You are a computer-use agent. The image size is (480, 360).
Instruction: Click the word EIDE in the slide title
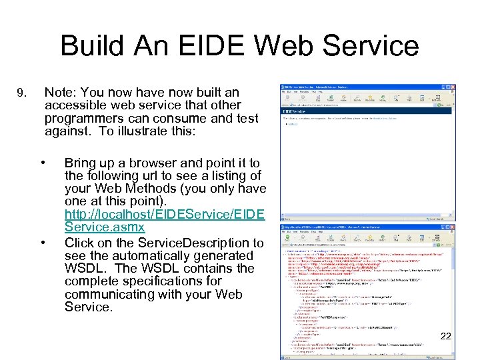197,46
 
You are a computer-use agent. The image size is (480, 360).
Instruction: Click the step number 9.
23,93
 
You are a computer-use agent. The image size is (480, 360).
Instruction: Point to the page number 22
445,336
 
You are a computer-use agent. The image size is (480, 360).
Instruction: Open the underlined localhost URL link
165,215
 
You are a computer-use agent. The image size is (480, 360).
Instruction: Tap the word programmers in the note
81,118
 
